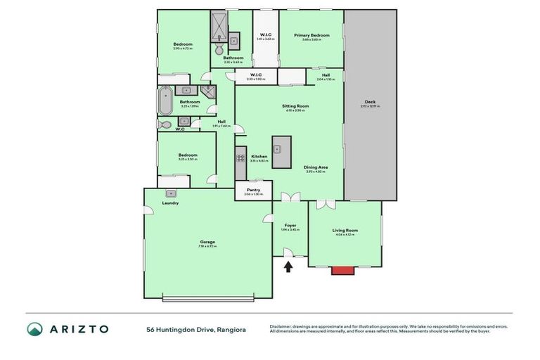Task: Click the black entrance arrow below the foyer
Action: point(288,266)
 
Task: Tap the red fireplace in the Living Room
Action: point(343,270)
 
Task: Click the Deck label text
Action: point(370,102)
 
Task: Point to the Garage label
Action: point(207,242)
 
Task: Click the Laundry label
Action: point(170,203)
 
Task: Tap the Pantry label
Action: point(253,189)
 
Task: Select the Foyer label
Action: point(290,225)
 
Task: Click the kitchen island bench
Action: point(282,153)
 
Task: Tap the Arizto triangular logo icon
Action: point(34,329)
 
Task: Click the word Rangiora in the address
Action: point(231,329)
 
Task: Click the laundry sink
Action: point(171,193)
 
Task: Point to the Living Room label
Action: point(345,230)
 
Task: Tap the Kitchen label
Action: point(259,156)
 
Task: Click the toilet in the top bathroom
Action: point(219,50)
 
